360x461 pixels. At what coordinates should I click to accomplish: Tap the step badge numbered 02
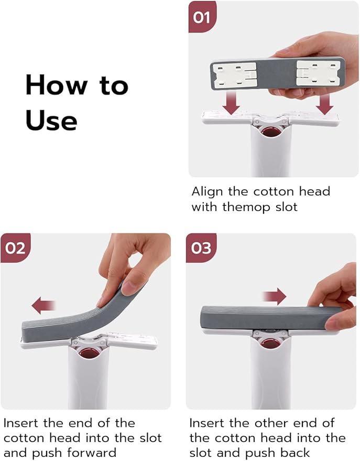15,247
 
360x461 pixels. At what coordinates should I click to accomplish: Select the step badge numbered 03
201,247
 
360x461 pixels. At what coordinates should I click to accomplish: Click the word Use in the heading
51,120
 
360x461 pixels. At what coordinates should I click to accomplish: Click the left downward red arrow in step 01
231,102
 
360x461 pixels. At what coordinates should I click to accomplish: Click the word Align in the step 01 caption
208,191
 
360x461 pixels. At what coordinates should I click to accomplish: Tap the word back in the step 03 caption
294,453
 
